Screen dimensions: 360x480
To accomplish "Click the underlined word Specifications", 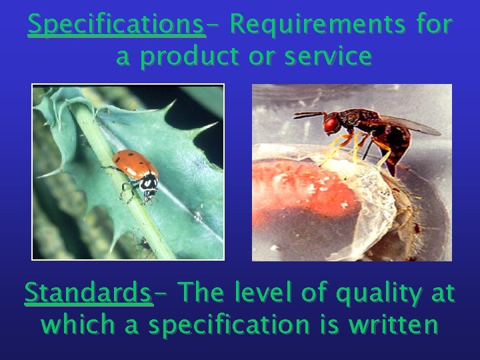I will [x=116, y=25].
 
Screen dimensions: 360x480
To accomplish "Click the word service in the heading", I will [x=328, y=57].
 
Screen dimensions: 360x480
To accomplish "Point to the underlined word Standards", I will [x=88, y=293].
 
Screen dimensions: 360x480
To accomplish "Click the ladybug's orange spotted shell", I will [x=134, y=163].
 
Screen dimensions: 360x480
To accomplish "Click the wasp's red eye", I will [x=331, y=124].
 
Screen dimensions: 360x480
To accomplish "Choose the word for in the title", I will [x=433, y=25].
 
